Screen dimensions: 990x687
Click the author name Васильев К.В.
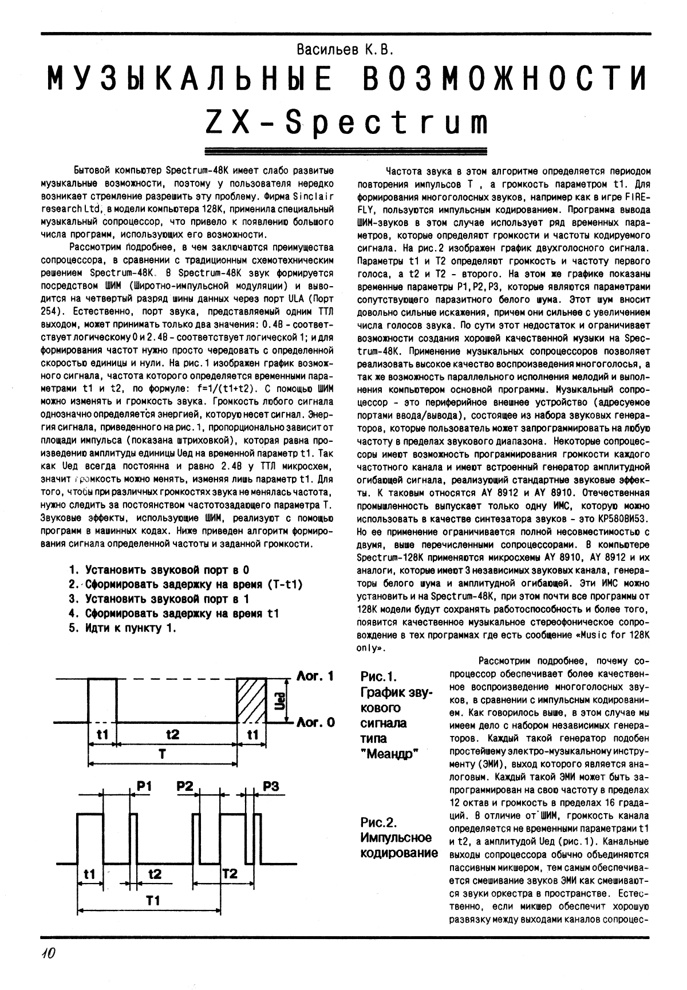(x=346, y=50)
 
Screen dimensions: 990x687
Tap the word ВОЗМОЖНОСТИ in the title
(x=507, y=80)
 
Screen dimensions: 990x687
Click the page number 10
(x=48, y=954)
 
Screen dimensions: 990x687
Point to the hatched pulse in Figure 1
(x=252, y=700)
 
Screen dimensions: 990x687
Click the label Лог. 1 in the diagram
(x=315, y=676)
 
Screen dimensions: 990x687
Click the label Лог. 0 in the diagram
(x=315, y=722)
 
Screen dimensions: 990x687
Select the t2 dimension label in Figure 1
(x=172, y=734)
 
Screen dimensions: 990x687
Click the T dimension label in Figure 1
(x=163, y=755)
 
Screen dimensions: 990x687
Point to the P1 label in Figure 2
(x=144, y=787)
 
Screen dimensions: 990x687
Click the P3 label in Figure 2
(x=271, y=787)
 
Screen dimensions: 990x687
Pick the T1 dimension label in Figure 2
(x=152, y=900)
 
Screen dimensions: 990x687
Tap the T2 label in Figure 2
(x=230, y=874)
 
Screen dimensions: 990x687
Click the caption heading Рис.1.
(x=378, y=677)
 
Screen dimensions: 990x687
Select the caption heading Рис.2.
(x=378, y=823)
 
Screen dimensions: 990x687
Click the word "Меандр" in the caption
(x=390, y=754)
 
